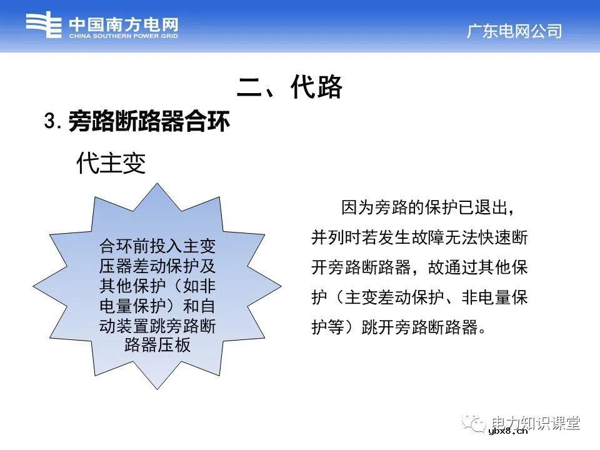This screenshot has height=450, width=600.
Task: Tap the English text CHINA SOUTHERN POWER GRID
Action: coord(123,37)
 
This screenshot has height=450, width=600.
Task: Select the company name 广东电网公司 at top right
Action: coord(514,31)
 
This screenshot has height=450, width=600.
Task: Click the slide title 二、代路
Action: coord(290,87)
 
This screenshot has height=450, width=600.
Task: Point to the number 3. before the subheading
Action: coord(52,121)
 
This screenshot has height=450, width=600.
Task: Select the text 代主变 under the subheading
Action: coord(111,164)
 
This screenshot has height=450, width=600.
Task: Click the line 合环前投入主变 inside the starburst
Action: coord(157,245)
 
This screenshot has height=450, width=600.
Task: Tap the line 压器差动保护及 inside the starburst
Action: coord(157,266)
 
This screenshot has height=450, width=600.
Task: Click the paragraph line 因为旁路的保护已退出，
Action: coord(427,206)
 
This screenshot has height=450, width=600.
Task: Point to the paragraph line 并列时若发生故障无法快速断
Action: coord(419,237)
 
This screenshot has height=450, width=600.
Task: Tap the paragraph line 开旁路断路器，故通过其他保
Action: coord(419,267)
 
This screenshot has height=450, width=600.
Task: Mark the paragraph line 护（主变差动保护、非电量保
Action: coord(419,297)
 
